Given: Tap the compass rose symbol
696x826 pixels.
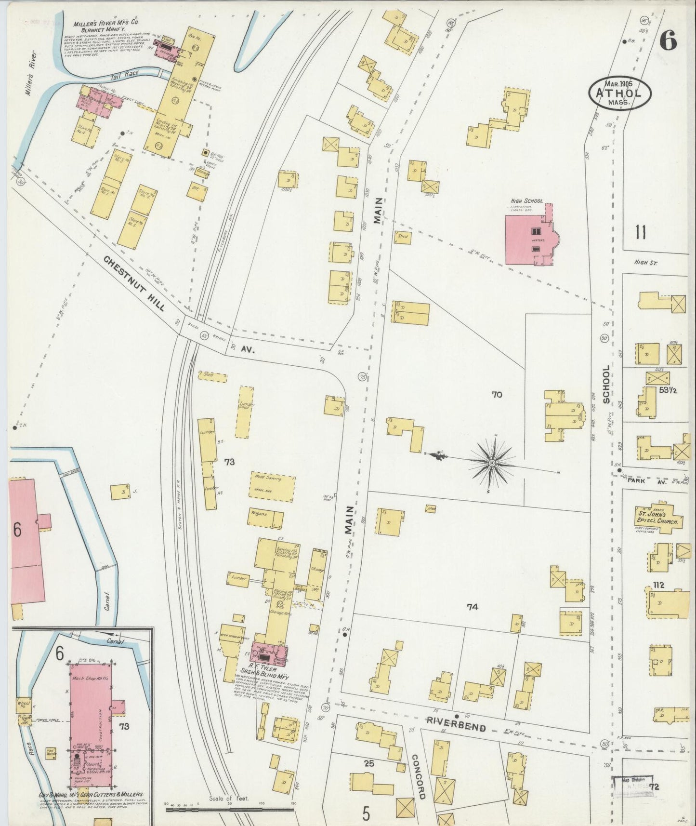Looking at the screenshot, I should coord(492,463).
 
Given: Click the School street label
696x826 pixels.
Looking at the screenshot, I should coord(606,384).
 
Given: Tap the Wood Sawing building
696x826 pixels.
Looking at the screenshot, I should coord(271,485).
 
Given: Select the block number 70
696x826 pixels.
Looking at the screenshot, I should coord(497,395).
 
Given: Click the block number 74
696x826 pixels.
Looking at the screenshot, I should coord(472,607).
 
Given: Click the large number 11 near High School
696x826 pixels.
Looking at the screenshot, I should coord(640,233).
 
